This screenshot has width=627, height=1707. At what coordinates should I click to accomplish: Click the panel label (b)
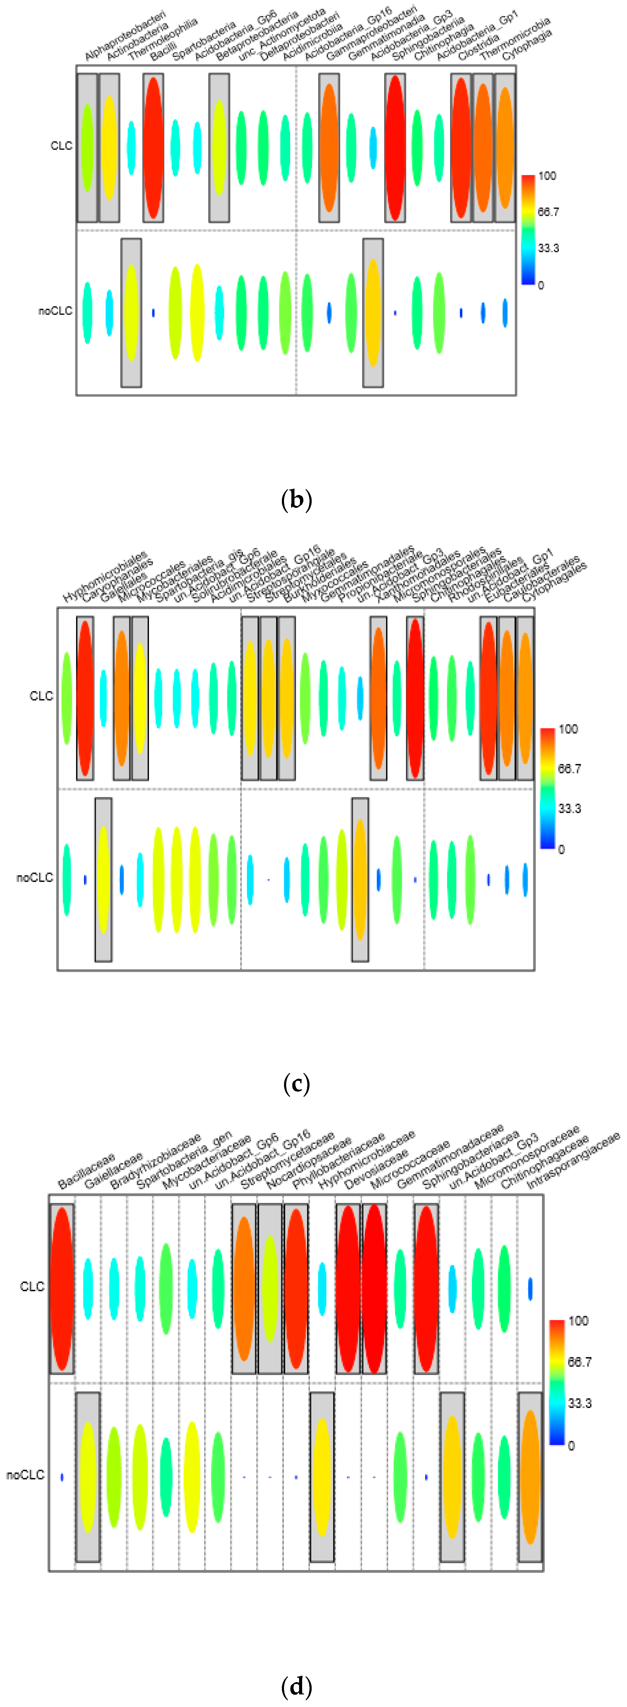coord(296,499)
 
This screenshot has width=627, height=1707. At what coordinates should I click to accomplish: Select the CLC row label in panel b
coord(61,146)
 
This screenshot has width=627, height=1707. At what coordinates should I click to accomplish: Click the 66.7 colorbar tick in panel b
coord(548,212)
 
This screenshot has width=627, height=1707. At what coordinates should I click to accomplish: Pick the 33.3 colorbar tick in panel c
coord(569,808)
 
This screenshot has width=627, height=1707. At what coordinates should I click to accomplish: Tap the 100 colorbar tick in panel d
coord(578,1321)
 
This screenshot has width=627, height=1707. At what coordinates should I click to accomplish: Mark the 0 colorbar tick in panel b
coord(541,285)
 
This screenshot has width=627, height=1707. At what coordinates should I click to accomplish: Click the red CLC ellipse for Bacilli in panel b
coord(153,148)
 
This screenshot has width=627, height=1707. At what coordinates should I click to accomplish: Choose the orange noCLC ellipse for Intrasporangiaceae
coord(530,1476)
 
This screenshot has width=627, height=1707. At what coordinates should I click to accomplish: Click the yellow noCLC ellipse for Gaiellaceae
coord(88,1476)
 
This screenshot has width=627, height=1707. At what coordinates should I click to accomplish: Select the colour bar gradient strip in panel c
coord(547,789)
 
